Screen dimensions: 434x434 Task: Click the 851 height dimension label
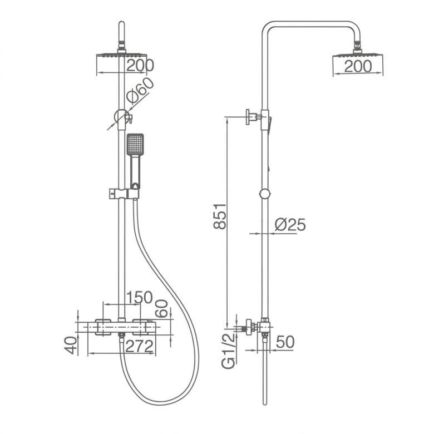(220, 216)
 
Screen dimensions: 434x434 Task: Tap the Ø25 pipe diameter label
(290, 224)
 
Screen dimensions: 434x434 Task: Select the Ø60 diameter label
(140, 90)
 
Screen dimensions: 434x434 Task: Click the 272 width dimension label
(140, 346)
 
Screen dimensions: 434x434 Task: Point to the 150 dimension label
(140, 298)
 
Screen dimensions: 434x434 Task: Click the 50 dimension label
(285, 342)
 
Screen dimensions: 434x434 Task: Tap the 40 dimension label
(71, 345)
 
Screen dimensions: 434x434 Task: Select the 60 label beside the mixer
(161, 308)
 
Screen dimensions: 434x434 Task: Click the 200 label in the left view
(140, 66)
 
